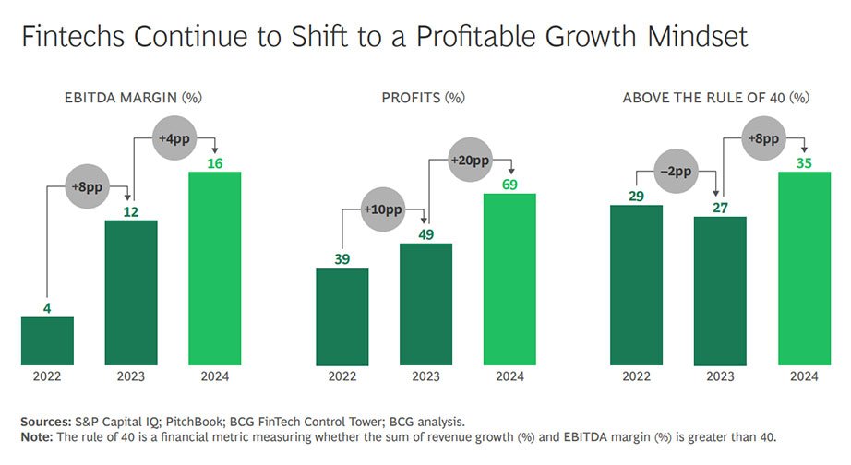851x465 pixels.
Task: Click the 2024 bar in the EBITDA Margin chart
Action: click(215, 268)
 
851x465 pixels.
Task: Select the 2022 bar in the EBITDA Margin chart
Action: click(47, 340)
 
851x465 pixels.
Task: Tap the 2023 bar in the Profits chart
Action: click(425, 304)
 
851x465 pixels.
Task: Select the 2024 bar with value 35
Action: click(804, 268)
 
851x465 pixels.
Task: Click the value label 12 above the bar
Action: click(131, 210)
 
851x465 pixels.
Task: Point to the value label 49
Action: click(425, 234)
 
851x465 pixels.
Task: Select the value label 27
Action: click(720, 207)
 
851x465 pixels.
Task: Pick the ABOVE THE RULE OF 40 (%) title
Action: click(717, 97)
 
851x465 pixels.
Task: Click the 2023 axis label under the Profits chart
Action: click(425, 376)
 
